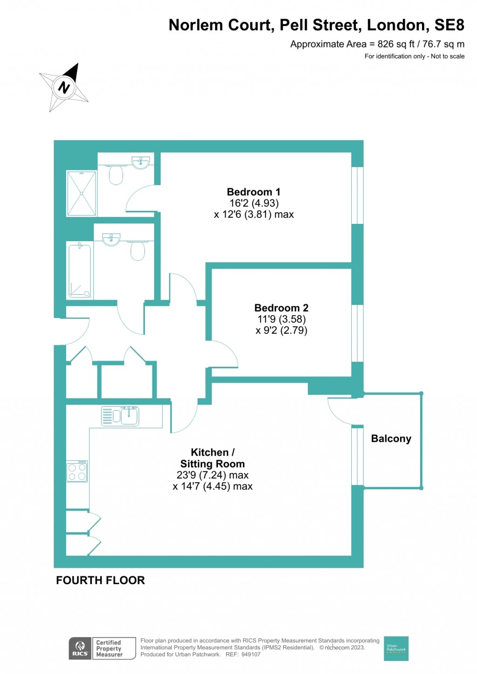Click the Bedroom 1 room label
coord(253,192)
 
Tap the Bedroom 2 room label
coord(281,308)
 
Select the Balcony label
coord(391,438)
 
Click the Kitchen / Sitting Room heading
coord(212,458)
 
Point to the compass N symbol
coord(63,87)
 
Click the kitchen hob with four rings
coord(77,471)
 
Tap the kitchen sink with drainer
coord(120,416)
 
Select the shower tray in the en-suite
coord(82,194)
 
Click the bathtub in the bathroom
coord(80,270)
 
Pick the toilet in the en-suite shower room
coord(116,174)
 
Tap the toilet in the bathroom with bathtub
coord(137,250)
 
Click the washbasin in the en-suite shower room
coord(141,163)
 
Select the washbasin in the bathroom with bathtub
coord(111,240)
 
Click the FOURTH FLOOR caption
coord(101,580)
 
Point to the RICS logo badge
coord(80,648)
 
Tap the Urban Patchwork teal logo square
coord(396,648)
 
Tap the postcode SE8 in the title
coord(450,25)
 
